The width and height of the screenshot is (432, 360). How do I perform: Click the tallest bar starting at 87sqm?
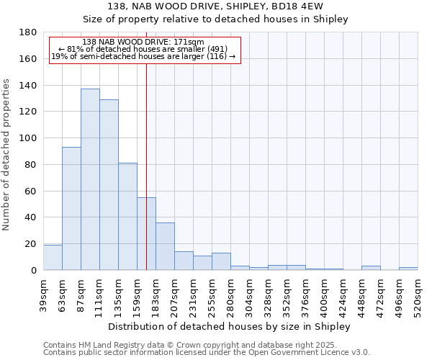pos(90,179)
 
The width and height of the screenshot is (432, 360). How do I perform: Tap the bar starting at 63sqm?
pos(71,208)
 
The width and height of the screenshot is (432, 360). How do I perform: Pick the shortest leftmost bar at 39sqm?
pos(53,257)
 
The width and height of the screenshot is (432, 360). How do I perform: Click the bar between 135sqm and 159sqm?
pos(127,216)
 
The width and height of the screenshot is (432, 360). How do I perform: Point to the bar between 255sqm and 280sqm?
pos(221,261)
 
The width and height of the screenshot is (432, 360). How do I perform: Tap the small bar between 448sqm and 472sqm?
pos(371,268)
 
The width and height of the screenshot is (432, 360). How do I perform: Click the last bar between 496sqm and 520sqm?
pos(408,269)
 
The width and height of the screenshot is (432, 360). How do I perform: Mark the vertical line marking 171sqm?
pos(146,166)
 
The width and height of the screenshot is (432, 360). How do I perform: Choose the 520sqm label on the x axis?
pos(418,295)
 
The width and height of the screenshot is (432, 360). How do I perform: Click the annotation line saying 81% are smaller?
pos(143,49)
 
